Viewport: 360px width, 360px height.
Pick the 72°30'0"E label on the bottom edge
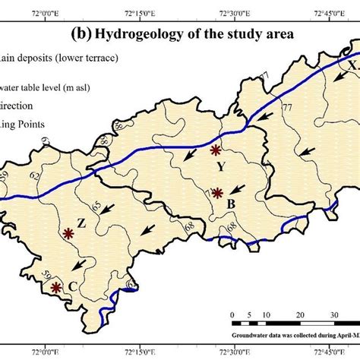pyautogui.click(x=235, y=351)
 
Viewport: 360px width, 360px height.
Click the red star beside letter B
pyautogui.click(x=217, y=193)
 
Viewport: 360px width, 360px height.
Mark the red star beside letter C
pyautogui.click(x=55, y=288)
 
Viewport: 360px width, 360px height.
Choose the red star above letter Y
pyautogui.click(x=216, y=150)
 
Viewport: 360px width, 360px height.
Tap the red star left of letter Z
pyautogui.click(x=69, y=233)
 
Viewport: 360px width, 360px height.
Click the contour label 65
pyautogui.click(x=95, y=207)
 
